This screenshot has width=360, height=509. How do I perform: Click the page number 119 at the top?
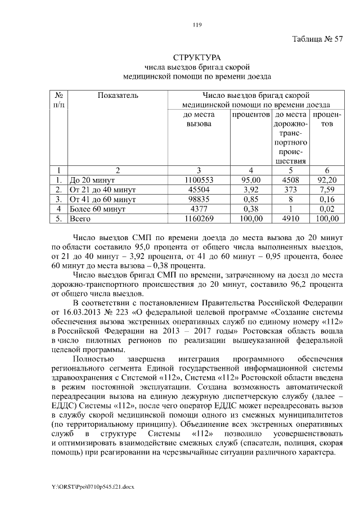pyautogui.click(x=196, y=24)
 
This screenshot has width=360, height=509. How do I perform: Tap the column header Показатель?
pyautogui.click(x=118, y=96)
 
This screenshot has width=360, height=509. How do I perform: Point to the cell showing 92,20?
pyautogui.click(x=327, y=181)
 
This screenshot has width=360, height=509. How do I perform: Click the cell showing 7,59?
pyautogui.click(x=327, y=190)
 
